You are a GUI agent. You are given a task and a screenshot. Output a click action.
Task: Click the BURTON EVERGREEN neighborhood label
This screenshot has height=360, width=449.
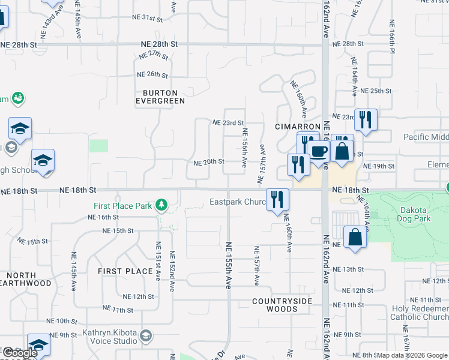coord(160,97)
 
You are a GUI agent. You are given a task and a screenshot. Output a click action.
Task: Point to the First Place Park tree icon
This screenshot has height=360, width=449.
coord(161,206)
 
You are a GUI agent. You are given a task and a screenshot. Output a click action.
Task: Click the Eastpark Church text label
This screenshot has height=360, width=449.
coord(238,202)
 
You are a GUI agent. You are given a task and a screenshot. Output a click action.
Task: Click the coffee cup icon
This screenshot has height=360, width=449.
coord(319,152)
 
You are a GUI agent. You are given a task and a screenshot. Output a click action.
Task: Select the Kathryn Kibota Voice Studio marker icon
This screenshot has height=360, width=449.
coord(145,335)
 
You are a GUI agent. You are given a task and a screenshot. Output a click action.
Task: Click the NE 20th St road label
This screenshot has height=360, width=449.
coord(209,162)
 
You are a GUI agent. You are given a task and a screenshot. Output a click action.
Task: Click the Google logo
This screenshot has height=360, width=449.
coord(20,353)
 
